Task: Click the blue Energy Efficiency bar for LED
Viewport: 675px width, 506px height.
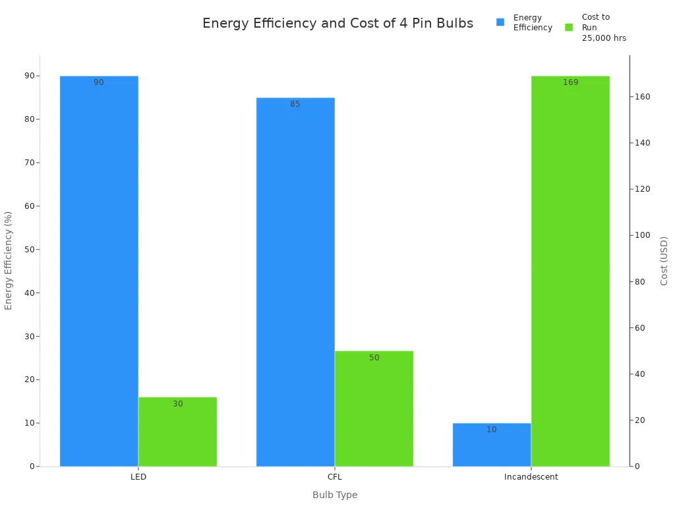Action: point(99,270)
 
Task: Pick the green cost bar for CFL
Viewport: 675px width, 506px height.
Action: point(374,408)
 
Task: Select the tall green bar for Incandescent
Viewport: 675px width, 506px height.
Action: point(570,270)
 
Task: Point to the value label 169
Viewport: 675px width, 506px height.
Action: point(570,82)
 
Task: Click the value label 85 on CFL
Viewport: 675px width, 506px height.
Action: point(295,104)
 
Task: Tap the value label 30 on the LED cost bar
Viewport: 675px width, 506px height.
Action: point(178,404)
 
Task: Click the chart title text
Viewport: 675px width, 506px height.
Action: point(337,24)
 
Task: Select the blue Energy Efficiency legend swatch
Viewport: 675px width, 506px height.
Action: point(500,22)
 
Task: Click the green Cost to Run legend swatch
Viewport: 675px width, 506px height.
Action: point(569,28)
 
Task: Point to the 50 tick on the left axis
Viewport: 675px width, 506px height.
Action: point(30,250)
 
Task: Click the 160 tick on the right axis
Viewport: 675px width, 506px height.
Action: point(642,97)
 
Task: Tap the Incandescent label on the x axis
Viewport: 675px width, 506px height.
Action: point(531,477)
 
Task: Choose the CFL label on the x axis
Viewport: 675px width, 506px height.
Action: point(335,477)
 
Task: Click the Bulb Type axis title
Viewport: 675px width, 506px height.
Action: point(335,495)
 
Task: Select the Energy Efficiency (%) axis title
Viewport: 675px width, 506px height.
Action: point(9,260)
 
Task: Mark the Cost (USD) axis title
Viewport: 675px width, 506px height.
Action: point(664,260)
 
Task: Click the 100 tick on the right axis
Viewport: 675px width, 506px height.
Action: point(642,235)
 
